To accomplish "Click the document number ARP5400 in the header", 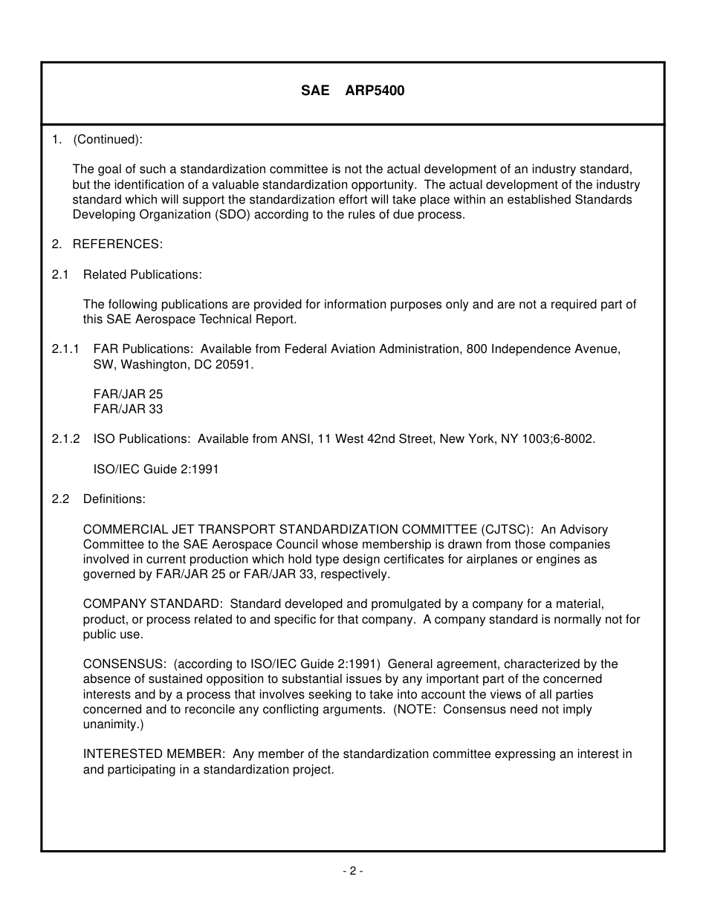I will tap(375, 91).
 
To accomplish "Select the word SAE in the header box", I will tap(314, 91).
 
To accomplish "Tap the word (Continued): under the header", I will tap(107, 139).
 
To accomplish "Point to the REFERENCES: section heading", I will tap(117, 244).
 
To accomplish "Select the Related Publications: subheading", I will tap(142, 274).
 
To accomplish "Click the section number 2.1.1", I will tap(66, 349).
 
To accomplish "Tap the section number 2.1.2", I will tap(66, 439).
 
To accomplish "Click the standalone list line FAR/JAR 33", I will tap(128, 409).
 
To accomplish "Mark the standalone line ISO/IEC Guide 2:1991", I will tap(156, 470).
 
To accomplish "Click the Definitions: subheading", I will tap(114, 499).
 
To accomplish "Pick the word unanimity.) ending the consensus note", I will tap(113, 724).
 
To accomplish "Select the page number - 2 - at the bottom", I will tap(352, 871).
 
